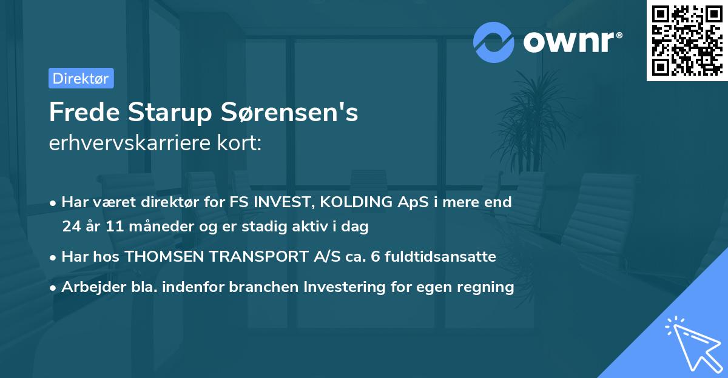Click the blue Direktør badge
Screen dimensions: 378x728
coord(81,78)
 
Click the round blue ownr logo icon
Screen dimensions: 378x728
coord(494,42)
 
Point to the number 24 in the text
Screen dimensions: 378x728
coord(71,227)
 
